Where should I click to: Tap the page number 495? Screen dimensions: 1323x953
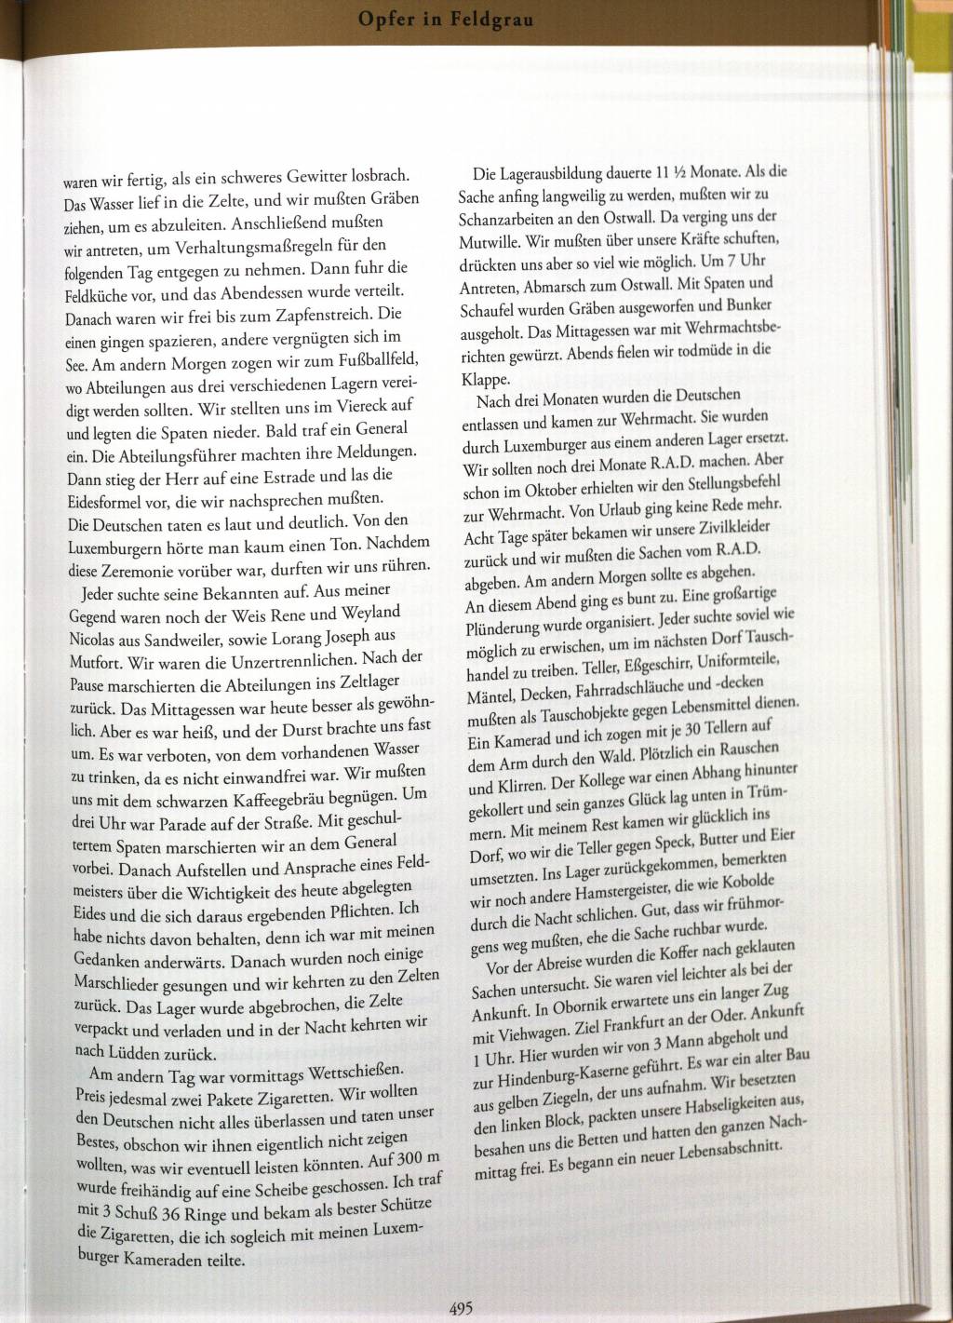pyautogui.click(x=462, y=1307)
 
